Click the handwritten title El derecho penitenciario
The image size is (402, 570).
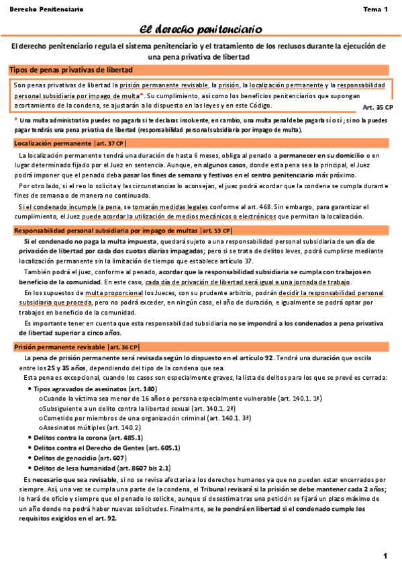[x=200, y=28]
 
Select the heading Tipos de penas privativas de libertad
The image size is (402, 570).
[x=70, y=70]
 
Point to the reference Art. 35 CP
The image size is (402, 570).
[x=377, y=106]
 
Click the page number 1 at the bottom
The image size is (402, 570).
[x=385, y=555]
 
